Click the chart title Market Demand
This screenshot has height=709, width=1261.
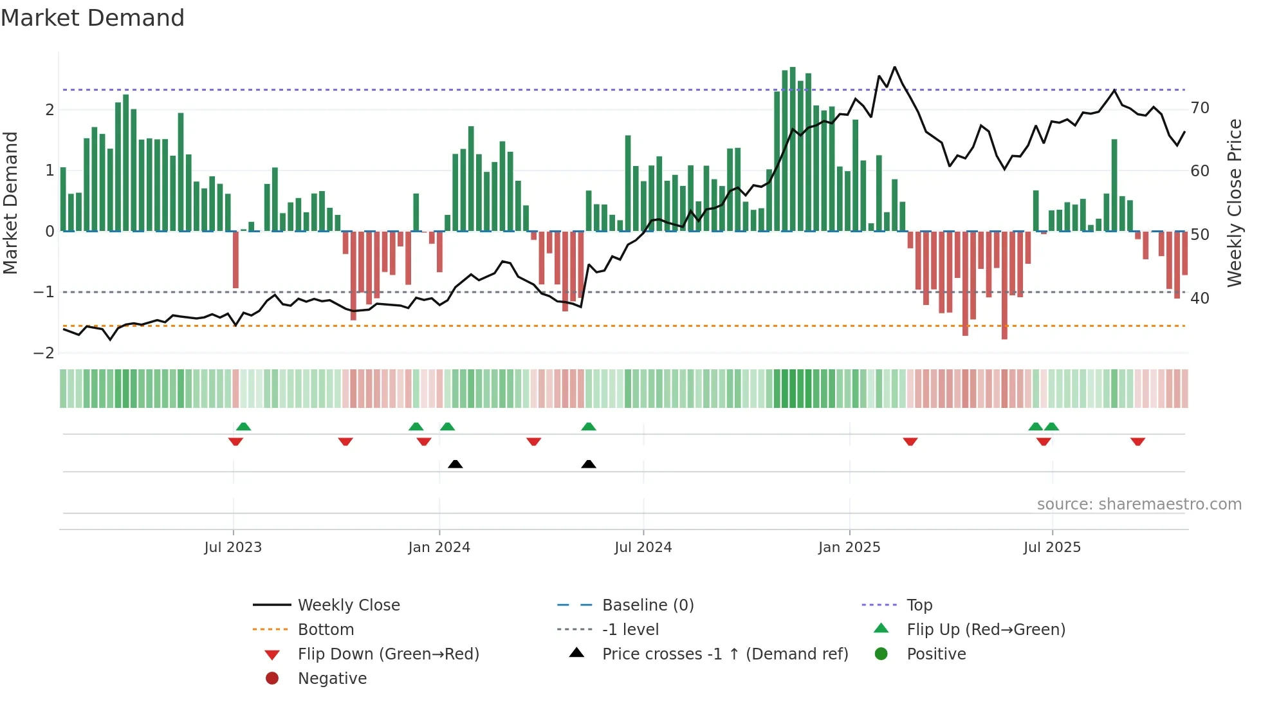click(93, 18)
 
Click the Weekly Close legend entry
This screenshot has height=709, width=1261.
click(348, 605)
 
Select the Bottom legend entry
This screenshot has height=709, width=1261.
click(326, 629)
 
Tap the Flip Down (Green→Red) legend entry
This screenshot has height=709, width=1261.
click(388, 654)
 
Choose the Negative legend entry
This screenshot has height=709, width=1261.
click(332, 678)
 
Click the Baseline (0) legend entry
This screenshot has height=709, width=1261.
click(647, 605)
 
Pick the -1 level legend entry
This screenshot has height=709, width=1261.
click(630, 629)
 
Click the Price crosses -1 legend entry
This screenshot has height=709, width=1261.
click(724, 654)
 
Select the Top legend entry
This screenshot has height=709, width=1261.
click(919, 605)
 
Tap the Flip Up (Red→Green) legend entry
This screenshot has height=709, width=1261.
click(986, 629)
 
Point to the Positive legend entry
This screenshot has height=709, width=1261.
click(936, 654)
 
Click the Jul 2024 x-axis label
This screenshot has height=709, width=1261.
click(643, 547)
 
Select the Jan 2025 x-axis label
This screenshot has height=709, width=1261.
click(849, 547)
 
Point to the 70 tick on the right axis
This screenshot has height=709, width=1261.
click(1200, 107)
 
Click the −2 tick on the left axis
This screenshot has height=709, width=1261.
click(44, 353)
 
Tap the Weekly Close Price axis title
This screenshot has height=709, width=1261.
click(1234, 203)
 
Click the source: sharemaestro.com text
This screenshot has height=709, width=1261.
click(1139, 504)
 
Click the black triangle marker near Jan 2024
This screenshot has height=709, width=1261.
click(455, 464)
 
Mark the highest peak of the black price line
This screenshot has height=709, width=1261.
click(894, 67)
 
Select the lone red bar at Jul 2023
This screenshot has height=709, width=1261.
click(235, 260)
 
